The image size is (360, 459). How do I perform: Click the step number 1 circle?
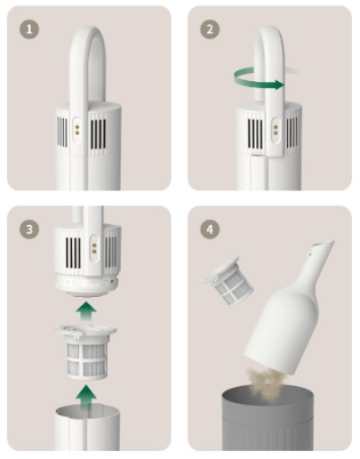tap(29, 30)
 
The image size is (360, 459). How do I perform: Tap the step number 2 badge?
tap(210, 30)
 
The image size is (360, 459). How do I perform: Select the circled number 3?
tap(29, 229)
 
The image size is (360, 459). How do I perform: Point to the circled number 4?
tap(210, 229)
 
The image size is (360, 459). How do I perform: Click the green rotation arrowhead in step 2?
tap(279, 85)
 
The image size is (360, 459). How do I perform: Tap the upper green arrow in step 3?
tap(86, 311)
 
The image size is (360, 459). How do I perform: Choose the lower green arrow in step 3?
tap(86, 396)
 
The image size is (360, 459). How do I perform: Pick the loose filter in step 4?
tap(229, 281)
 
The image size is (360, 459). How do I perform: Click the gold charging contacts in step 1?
tap(77, 130)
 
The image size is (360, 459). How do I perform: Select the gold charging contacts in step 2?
tap(275, 130)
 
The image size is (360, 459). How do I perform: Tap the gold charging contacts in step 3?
tap(94, 248)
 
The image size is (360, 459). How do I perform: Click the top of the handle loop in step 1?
tap(87, 30)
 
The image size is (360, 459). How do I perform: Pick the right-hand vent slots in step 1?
tap(98, 134)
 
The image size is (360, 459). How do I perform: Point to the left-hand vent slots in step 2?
tap(256, 134)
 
